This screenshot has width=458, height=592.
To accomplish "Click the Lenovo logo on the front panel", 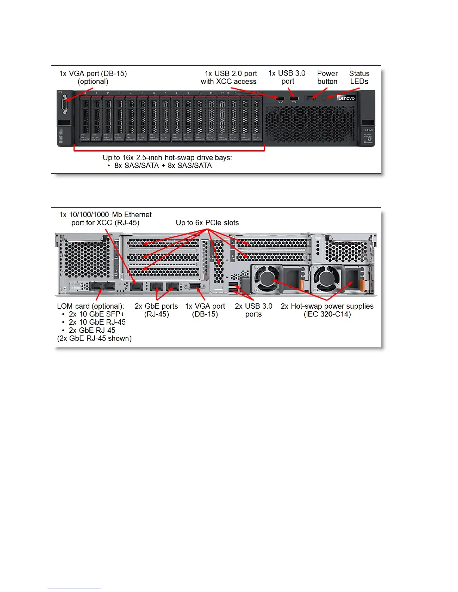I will click(346, 98).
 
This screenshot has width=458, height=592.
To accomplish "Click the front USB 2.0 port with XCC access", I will click(279, 99).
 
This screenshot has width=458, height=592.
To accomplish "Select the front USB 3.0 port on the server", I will click(294, 99).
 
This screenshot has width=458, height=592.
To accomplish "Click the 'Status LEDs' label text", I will click(359, 77).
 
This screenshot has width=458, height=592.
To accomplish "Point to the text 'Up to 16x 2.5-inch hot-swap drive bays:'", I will click(167, 157).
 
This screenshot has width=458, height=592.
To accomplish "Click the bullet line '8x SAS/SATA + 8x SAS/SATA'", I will click(163, 166).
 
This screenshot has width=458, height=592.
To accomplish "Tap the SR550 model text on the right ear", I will click(368, 130).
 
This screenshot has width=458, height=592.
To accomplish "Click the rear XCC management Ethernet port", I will click(137, 287).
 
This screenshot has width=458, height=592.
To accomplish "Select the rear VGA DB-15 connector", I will click(195, 286).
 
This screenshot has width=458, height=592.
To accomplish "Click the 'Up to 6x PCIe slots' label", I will click(207, 223).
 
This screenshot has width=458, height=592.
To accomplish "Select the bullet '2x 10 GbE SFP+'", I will click(97, 314).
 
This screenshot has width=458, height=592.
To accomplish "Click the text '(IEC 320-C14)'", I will click(327, 314).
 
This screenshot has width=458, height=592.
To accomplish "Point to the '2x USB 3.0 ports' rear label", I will click(253, 310).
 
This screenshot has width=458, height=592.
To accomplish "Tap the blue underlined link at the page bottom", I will click(74, 589).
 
